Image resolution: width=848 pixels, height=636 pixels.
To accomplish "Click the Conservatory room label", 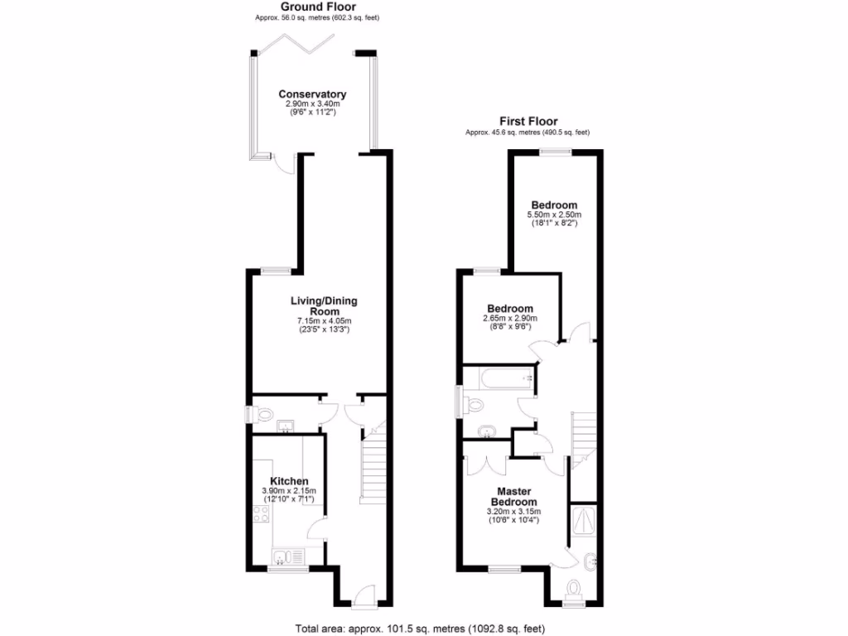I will click(312, 94).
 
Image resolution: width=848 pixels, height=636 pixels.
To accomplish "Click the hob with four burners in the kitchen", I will click(260, 514).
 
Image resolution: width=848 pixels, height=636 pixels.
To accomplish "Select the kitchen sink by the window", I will click(283, 556).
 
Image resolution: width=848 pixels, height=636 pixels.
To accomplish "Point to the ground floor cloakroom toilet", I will click(263, 413).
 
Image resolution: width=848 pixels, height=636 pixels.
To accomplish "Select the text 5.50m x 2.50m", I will click(554, 214).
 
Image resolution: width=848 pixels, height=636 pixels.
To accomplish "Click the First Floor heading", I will click(528, 121).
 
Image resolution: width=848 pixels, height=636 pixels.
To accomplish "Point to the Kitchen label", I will click(290, 481).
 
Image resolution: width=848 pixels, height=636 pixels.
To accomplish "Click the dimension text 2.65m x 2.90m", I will click(510, 318).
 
